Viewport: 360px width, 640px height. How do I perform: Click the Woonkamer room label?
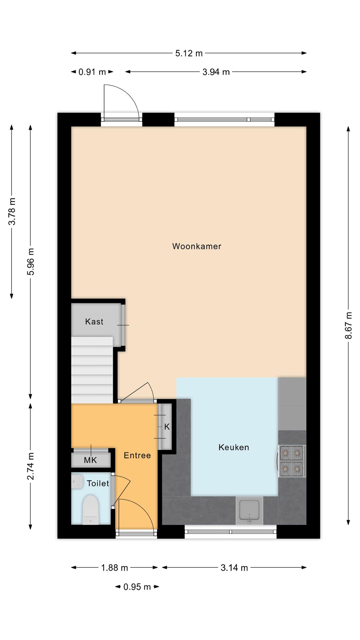(x=197, y=246)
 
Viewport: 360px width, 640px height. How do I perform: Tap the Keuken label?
(x=234, y=447)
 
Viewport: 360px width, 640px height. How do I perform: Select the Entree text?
(x=137, y=455)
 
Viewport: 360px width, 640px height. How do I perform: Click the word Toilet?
(x=98, y=483)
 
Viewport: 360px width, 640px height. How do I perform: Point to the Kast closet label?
(x=94, y=322)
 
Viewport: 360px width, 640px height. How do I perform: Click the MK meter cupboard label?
(x=90, y=460)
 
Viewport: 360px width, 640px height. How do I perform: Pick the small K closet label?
(x=167, y=427)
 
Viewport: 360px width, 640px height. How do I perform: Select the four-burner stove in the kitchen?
(x=292, y=461)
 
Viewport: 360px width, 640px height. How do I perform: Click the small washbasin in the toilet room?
(x=77, y=482)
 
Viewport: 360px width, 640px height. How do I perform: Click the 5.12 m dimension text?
(x=189, y=53)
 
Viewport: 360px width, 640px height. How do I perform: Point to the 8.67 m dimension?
(x=348, y=325)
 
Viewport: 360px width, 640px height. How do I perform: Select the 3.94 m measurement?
(x=216, y=72)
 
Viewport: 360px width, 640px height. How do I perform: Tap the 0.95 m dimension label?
(x=137, y=587)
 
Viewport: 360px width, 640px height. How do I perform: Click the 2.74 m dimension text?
(x=31, y=466)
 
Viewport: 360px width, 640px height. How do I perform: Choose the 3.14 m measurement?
(x=234, y=568)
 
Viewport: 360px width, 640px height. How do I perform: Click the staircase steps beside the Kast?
(x=92, y=370)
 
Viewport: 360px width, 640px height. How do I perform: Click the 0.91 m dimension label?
(x=92, y=72)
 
